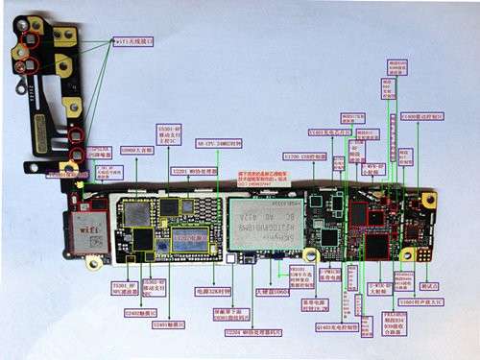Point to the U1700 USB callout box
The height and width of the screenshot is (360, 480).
[x=304, y=155]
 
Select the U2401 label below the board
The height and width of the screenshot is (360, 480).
[x=170, y=324]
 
